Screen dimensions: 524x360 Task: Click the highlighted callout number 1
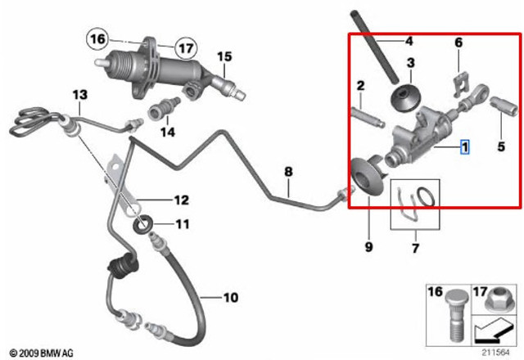[x=464, y=147]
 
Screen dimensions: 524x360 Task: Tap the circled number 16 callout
[x=97, y=39]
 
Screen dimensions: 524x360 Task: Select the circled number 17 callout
[x=186, y=48]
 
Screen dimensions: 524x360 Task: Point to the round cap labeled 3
[x=404, y=97]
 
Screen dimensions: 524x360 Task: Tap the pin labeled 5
[x=504, y=106]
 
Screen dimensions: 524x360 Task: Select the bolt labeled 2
[x=368, y=117]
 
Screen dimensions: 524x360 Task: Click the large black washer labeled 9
[x=367, y=177]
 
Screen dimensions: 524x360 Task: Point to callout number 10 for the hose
[x=231, y=297]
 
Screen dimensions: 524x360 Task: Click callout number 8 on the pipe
[x=288, y=172]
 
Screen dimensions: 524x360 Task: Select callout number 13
[x=80, y=95]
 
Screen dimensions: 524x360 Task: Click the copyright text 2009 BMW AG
[x=42, y=353]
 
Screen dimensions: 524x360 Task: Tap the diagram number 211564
[x=495, y=353]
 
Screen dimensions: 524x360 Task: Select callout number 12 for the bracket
[x=182, y=200]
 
